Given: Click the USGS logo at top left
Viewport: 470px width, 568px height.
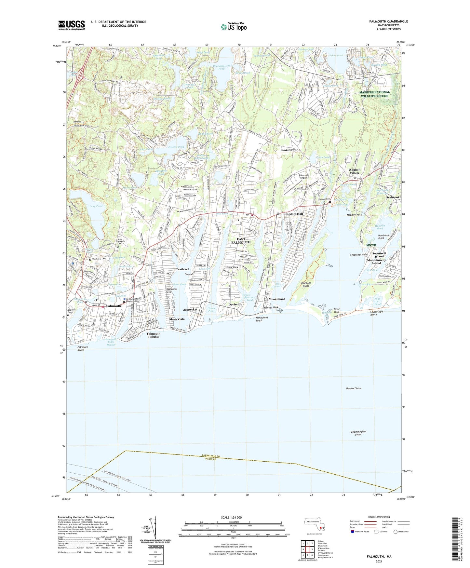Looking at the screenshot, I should pyautogui.click(x=72, y=25).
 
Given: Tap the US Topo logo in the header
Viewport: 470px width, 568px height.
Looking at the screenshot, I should pyautogui.click(x=234, y=27).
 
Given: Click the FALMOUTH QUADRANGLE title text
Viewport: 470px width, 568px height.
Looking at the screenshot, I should pyautogui.click(x=388, y=21).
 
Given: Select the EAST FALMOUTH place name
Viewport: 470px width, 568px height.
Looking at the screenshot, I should pyautogui.click(x=241, y=241).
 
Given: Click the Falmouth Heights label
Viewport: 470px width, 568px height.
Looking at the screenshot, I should pyautogui.click(x=154, y=335).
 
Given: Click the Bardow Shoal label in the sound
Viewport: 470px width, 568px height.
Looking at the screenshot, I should pyautogui.click(x=354, y=388).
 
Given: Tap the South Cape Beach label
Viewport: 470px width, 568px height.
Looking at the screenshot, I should pyautogui.click(x=376, y=313).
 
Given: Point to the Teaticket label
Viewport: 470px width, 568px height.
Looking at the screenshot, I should pyautogui.click(x=182, y=269).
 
